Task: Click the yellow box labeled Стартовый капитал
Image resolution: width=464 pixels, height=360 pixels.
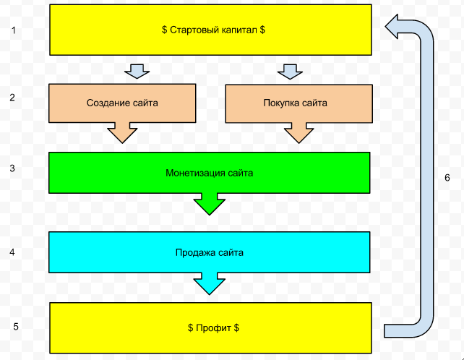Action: pyautogui.click(x=210, y=30)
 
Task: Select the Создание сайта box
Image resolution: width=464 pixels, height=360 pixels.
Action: pyautogui.click(x=121, y=103)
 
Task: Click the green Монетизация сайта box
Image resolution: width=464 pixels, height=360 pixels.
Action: pyautogui.click(x=210, y=173)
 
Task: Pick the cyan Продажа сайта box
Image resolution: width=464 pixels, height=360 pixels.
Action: pyautogui.click(x=210, y=252)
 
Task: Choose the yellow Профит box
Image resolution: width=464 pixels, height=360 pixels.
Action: pyautogui.click(x=210, y=327)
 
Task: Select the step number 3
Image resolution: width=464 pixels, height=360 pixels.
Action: pyautogui.click(x=12, y=168)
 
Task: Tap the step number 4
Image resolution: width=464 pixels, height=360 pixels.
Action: pyautogui.click(x=12, y=252)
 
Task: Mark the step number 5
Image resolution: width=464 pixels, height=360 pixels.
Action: pyautogui.click(x=16, y=326)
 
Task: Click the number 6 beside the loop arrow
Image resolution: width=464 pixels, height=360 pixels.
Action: pyautogui.click(x=447, y=178)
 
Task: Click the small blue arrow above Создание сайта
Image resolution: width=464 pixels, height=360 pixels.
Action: pyautogui.click(x=136, y=71)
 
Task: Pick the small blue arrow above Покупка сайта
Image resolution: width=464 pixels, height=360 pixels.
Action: pyautogui.click(x=289, y=71)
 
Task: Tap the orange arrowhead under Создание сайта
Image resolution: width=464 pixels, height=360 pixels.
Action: pyautogui.click(x=122, y=134)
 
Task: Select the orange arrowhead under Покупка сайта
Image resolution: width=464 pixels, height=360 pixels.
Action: pyautogui.click(x=298, y=134)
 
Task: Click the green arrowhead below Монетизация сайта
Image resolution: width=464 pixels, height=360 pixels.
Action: pyautogui.click(x=210, y=205)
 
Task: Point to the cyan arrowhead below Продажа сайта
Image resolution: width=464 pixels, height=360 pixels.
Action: pyautogui.click(x=210, y=284)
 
